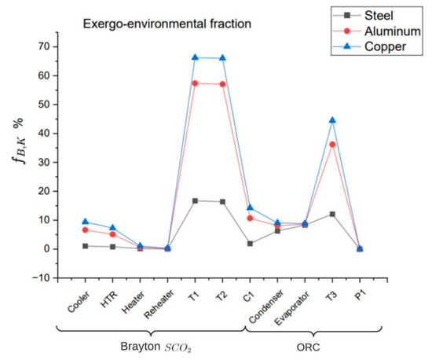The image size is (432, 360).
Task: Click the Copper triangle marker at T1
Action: click(195, 57)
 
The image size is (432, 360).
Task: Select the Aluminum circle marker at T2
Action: click(222, 84)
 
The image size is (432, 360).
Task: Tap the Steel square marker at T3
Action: click(332, 214)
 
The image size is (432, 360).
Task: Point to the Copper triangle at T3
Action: click(332, 120)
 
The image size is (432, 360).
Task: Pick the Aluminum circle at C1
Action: click(250, 219)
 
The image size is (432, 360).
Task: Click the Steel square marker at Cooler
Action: click(85, 246)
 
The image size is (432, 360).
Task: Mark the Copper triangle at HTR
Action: click(112, 227)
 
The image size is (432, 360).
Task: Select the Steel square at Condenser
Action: click(277, 231)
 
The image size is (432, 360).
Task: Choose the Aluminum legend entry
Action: click(376, 31)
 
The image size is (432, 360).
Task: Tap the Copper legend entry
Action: click(369, 46)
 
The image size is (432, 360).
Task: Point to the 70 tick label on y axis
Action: click(44, 46)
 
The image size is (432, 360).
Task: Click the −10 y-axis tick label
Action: click(42, 277)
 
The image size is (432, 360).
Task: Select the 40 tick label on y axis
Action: click(44, 133)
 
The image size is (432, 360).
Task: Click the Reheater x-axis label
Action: click(159, 304)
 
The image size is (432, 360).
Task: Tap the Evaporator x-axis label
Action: click(291, 308)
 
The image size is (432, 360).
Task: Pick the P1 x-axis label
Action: click(360, 296)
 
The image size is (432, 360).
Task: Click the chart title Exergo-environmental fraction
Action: click(167, 24)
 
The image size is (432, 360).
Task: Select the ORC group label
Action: click(309, 347)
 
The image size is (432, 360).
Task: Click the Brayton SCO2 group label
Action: click(156, 347)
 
